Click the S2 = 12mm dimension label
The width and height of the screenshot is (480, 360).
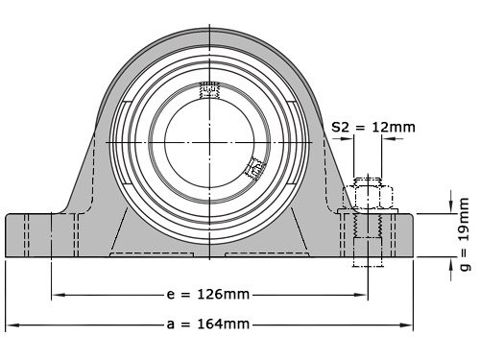click(372, 127)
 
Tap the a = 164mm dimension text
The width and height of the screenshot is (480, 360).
click(210, 324)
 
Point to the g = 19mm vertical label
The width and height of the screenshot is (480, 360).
click(465, 236)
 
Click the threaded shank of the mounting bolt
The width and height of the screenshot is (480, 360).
click(369, 230)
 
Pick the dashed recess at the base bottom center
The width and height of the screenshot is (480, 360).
click(209, 255)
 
